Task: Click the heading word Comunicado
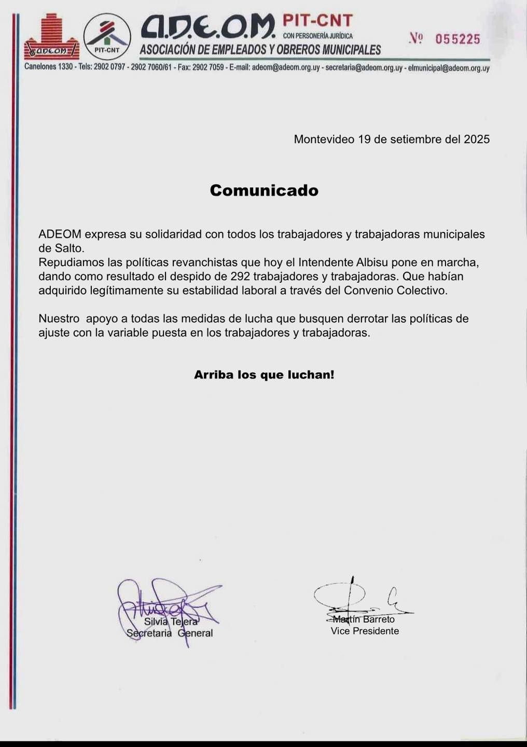[x=264, y=190]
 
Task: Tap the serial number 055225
[x=457, y=39]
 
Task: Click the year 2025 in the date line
[x=477, y=139]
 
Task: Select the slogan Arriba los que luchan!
[x=264, y=375]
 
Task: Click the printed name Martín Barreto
[x=364, y=619]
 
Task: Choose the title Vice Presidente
[x=365, y=631]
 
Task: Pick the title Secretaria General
[x=170, y=633]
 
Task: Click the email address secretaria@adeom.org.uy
[x=364, y=68]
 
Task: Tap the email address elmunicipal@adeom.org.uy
[x=449, y=68]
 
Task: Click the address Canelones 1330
[x=48, y=67]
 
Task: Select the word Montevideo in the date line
[x=324, y=139]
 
